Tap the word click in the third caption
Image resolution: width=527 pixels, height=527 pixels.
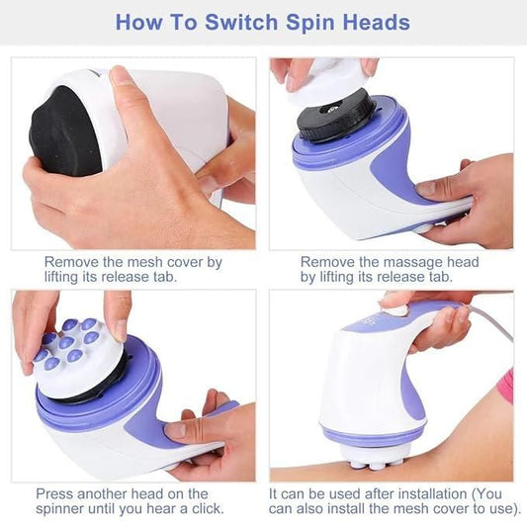coord(203,509)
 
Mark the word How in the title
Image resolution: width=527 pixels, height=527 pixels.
coord(137,22)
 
